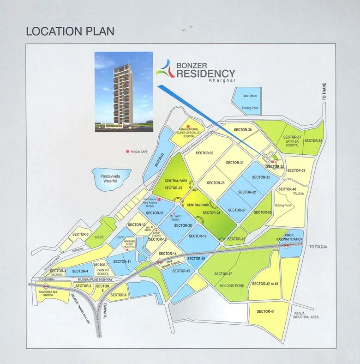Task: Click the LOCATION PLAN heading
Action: (70, 31)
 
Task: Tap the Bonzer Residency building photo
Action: (123, 91)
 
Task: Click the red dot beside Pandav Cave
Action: (127, 152)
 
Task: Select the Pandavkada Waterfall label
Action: (111, 179)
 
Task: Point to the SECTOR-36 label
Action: (249, 96)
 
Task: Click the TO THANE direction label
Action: (325, 91)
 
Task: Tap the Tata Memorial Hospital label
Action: (189, 134)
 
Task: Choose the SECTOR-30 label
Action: (204, 153)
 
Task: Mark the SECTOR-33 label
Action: (261, 177)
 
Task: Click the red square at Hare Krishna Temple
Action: (159, 199)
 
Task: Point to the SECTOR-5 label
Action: (81, 234)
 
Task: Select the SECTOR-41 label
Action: (266, 311)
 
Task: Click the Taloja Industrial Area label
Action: (306, 315)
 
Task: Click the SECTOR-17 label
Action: (223, 274)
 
